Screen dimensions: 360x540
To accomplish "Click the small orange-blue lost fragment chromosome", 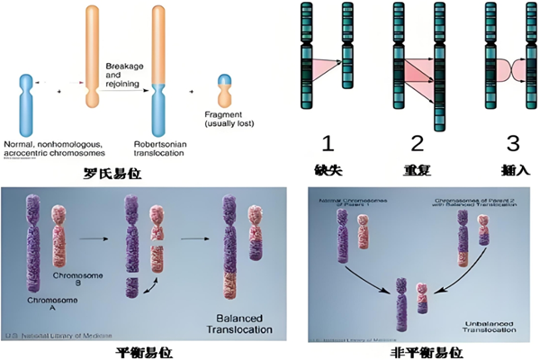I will click(x=223, y=93).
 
